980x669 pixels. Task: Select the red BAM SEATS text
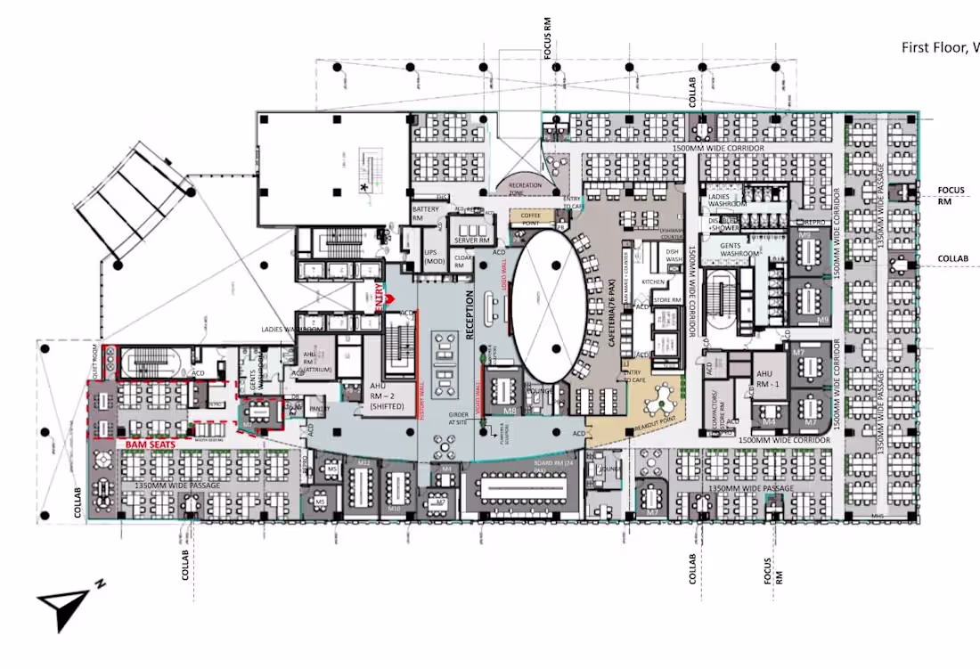click(149, 442)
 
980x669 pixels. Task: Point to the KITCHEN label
click(655, 281)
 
